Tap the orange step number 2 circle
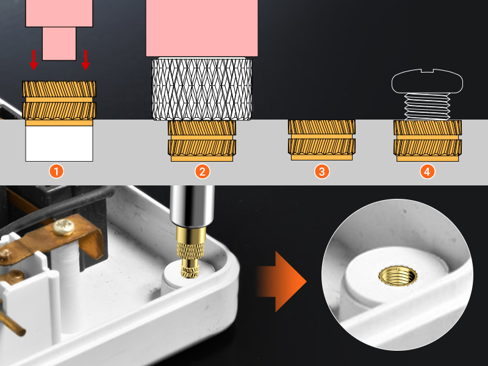pos(201,171)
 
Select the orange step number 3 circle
pos(321,171)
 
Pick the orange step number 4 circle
pos(428,171)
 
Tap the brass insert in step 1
pos(59,101)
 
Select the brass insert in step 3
pos(321,140)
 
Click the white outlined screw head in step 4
pos(428,81)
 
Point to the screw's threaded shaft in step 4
pos(428,106)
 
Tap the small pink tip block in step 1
pos(59,43)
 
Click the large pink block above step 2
pos(201,28)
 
